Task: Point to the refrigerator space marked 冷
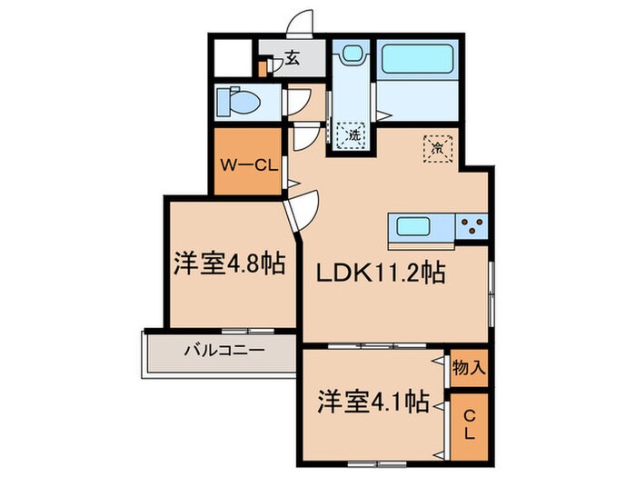pos(437,145)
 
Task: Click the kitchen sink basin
pos(415,226)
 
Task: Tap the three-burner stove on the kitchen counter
pos(472,226)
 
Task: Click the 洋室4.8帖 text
pos(229,264)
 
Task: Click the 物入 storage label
pos(470,368)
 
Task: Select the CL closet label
pos(470,424)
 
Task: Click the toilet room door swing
pos(295,103)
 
